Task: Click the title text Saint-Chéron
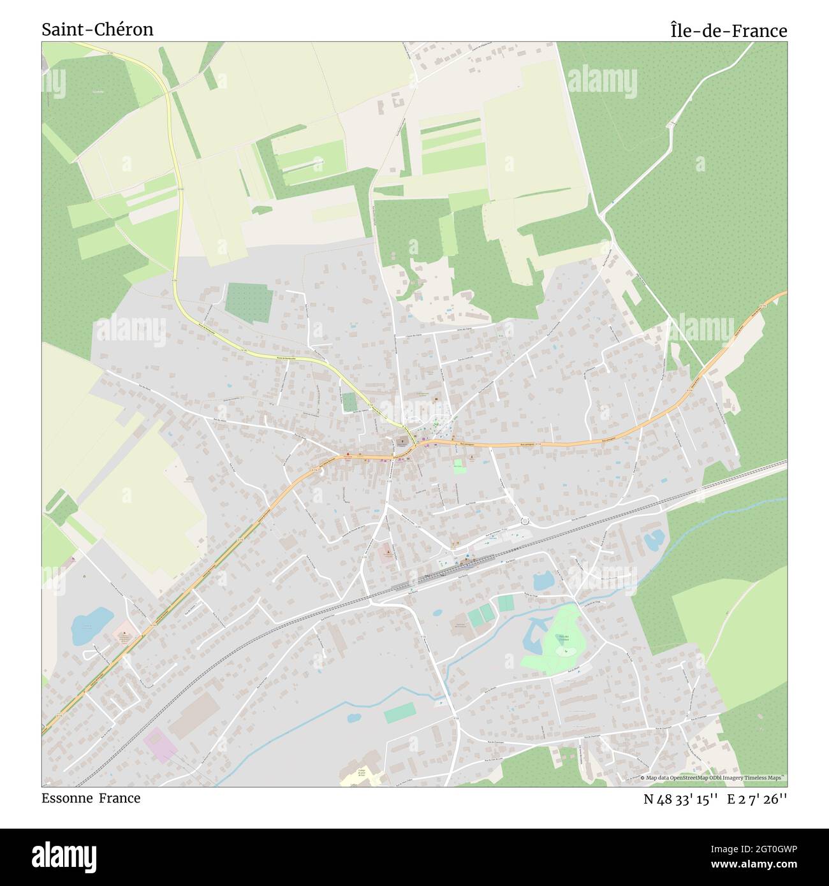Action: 98,30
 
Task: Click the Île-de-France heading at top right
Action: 728,31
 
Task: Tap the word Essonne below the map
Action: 67,798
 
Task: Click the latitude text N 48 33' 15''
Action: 681,799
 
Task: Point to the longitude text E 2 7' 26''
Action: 759,799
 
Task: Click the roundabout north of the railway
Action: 525,520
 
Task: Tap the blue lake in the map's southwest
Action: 91,624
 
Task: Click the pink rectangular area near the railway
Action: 159,746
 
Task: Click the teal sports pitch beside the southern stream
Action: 398,713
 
